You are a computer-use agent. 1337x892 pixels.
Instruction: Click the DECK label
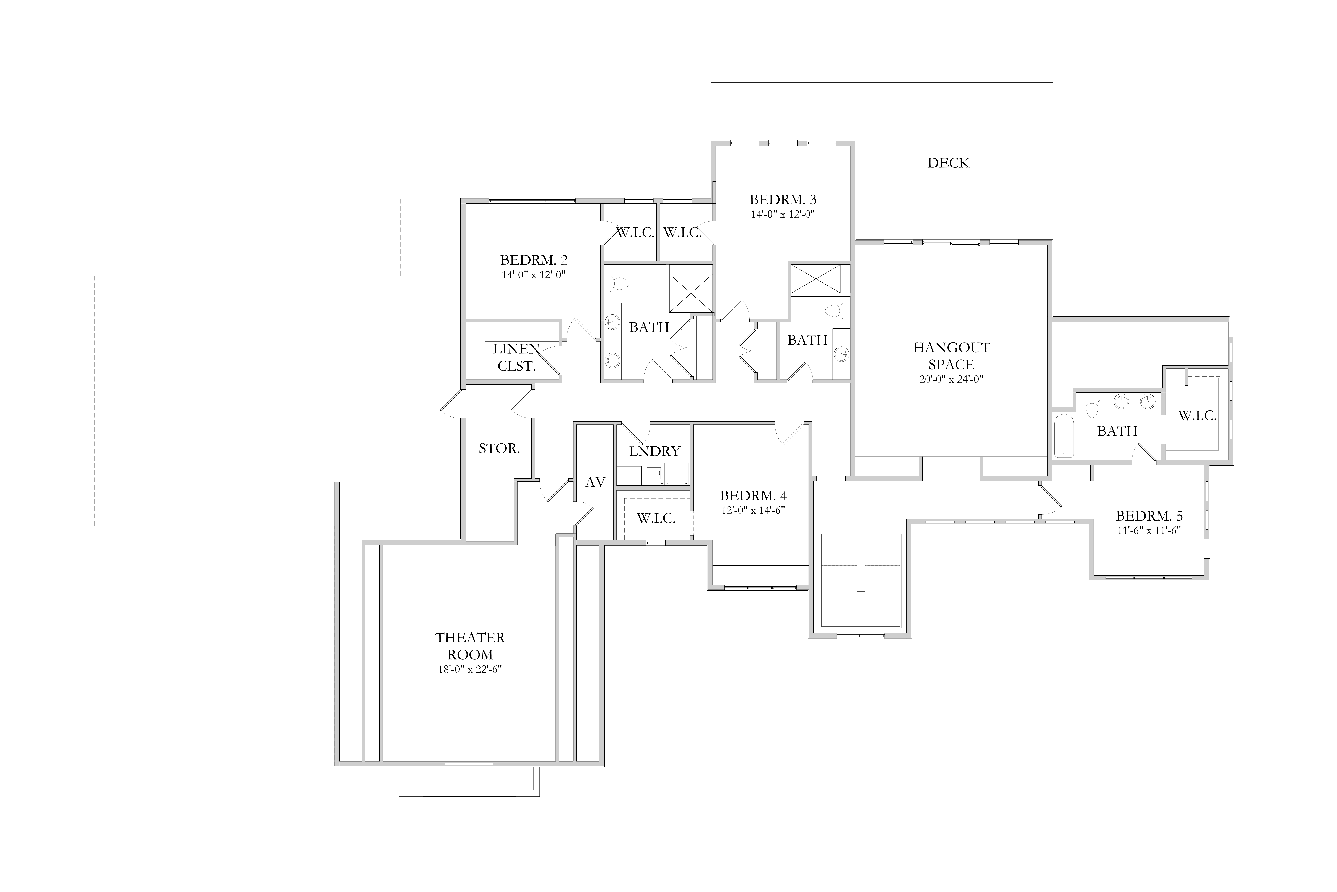948,163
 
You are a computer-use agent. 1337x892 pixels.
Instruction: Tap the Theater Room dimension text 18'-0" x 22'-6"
470,670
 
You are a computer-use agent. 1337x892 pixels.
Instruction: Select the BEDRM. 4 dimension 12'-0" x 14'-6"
753,510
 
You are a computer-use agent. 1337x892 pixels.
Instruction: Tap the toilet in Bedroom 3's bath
837,311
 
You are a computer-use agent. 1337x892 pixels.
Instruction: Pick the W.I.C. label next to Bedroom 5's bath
1197,416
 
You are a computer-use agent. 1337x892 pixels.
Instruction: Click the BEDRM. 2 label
534,260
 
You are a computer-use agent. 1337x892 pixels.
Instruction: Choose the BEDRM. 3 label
783,200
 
